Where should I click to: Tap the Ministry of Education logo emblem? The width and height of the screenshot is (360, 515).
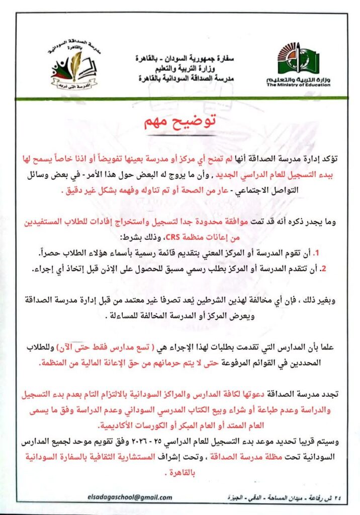298,59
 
